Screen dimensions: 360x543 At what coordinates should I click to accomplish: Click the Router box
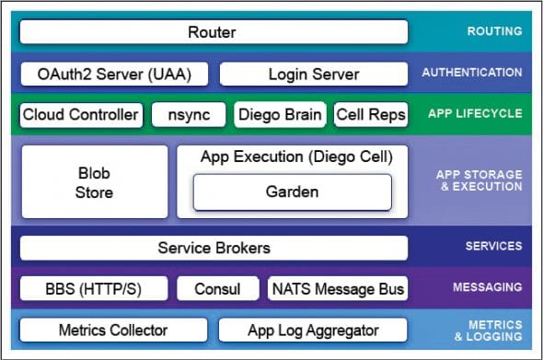point(214,32)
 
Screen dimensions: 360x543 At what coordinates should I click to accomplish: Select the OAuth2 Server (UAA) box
point(114,74)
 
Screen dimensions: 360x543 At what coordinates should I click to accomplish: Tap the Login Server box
point(314,74)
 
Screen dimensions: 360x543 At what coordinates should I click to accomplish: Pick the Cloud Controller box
point(81,115)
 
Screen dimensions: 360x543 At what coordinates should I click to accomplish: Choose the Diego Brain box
point(280,115)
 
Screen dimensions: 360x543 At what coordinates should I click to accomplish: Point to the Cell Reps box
point(370,115)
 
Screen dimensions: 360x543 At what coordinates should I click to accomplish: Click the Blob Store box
point(94,181)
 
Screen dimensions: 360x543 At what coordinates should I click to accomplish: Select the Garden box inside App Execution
point(292,192)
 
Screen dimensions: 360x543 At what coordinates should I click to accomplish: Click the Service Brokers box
point(214,248)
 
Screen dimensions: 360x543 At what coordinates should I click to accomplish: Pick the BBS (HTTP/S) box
point(94,289)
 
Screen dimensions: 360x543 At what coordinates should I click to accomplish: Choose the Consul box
point(217,289)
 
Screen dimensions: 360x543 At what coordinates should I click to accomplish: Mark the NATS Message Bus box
point(337,289)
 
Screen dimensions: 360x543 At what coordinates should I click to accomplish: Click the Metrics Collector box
point(113,330)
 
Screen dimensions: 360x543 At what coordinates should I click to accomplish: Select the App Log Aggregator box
point(313,330)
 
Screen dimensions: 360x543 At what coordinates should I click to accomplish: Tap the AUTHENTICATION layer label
point(472,73)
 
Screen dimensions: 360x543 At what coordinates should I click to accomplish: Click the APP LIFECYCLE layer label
point(474,115)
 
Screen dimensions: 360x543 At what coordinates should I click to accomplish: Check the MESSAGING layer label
point(488,288)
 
